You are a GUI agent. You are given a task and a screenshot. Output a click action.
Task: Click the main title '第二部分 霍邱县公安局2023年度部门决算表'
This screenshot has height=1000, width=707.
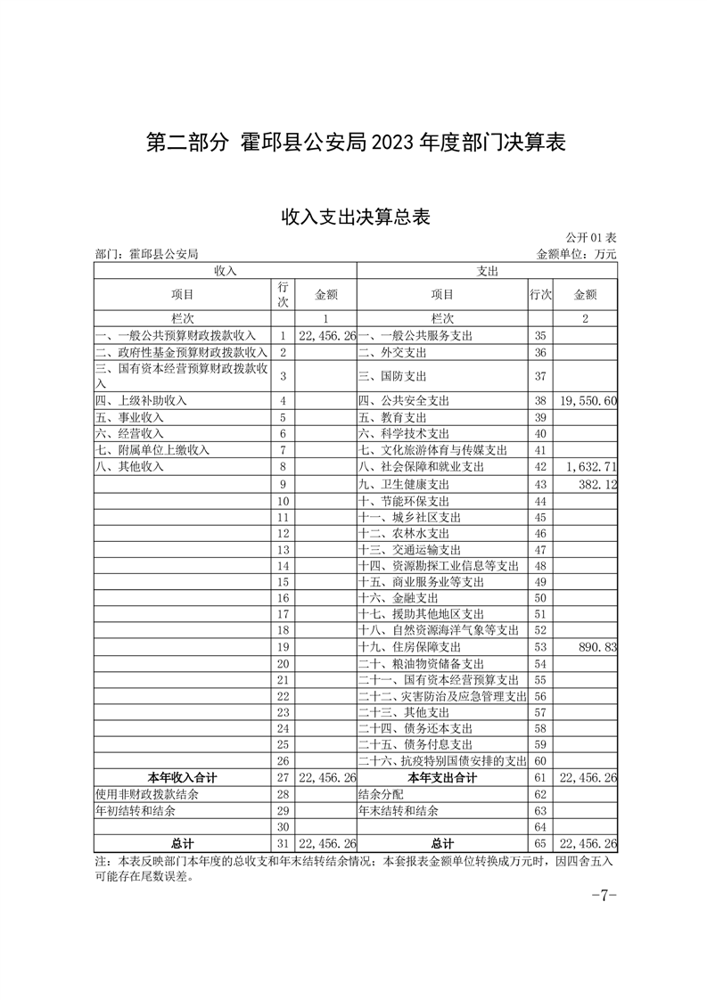[x=356, y=143]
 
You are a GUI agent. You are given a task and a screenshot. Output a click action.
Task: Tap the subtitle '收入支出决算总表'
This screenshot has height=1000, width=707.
[x=356, y=217]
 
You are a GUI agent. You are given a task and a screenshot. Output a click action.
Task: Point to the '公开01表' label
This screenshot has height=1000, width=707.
[x=590, y=238]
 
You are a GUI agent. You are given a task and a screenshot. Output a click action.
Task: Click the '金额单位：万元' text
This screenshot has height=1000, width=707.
[x=576, y=254]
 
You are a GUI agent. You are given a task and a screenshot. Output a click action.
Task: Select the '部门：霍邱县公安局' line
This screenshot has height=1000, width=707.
[x=146, y=254]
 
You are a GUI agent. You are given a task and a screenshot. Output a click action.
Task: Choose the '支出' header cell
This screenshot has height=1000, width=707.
[x=487, y=269]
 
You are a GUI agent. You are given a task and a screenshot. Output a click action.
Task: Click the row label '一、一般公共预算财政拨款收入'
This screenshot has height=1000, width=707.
[x=176, y=336]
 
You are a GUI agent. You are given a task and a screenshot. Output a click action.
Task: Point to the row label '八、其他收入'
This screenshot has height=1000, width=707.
[x=129, y=466]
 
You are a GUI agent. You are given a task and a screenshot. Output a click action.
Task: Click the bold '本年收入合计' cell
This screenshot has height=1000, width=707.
[x=182, y=777]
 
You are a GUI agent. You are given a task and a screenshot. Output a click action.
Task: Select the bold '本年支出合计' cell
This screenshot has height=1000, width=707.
[x=442, y=777]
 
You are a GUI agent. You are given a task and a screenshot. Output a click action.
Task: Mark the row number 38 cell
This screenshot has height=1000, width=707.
[x=539, y=401]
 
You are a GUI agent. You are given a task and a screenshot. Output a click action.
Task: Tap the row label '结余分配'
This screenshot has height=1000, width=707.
[x=380, y=793]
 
